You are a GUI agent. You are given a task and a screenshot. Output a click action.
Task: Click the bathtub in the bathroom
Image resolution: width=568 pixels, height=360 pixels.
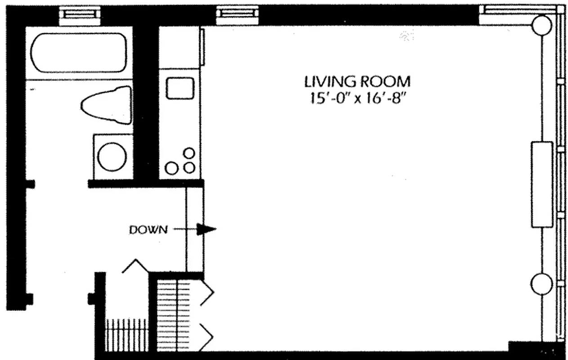click(79, 53)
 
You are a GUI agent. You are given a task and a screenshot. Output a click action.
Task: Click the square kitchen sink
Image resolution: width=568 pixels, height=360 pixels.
click(180, 88)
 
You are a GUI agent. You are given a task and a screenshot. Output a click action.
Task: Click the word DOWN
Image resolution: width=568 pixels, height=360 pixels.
click(148, 230)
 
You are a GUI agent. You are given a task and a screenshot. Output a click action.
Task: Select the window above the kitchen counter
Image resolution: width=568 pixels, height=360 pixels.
click(237, 14)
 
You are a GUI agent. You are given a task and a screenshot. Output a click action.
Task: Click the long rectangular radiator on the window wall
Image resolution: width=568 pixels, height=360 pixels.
click(541, 184)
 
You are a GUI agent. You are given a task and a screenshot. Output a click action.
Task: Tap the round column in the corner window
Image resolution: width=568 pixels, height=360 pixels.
click(541, 25)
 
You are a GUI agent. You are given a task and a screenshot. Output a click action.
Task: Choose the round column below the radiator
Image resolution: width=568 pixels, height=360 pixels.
click(541, 284)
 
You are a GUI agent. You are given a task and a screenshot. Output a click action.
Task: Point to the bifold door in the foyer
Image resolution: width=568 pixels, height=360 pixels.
click(135, 266)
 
